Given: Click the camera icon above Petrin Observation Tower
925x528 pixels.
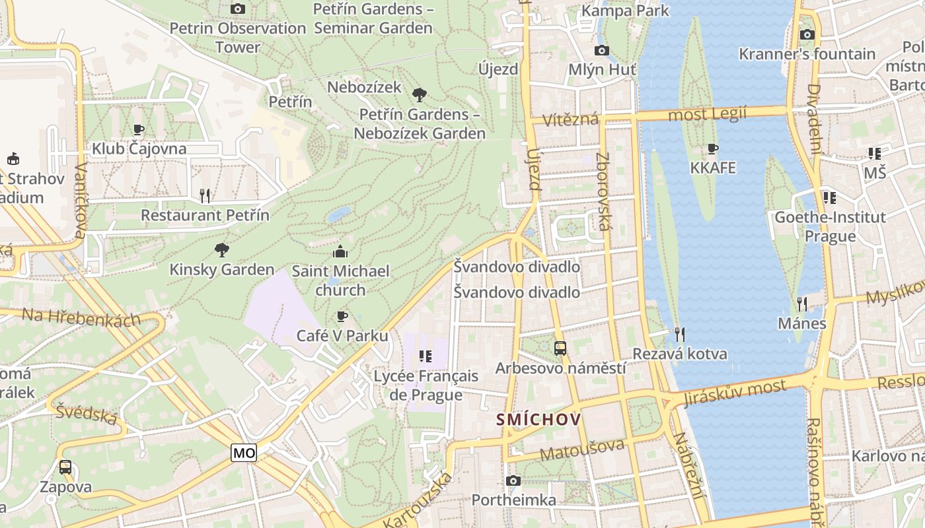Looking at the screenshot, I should pyautogui.click(x=238, y=9).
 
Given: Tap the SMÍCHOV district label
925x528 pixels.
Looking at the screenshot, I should pyautogui.click(x=538, y=419).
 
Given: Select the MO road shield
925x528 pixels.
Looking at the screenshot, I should pyautogui.click(x=244, y=453).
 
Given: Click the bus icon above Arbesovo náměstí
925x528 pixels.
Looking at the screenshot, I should pyautogui.click(x=560, y=348).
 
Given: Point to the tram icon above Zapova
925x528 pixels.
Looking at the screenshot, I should pyautogui.click(x=65, y=467).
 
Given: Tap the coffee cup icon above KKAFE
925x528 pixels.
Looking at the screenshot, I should pyautogui.click(x=712, y=148).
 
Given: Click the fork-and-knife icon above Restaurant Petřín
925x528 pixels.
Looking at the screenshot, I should pyautogui.click(x=205, y=195).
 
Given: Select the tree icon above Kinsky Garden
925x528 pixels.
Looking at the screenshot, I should pyautogui.click(x=222, y=249).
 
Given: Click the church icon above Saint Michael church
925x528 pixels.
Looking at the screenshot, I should pyautogui.click(x=340, y=251).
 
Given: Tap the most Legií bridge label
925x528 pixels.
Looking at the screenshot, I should pyautogui.click(x=707, y=114).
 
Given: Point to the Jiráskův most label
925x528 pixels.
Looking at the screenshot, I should pyautogui.click(x=735, y=393).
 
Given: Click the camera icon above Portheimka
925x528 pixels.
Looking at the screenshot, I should pyautogui.click(x=513, y=480).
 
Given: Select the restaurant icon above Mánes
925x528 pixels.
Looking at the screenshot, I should pyautogui.click(x=802, y=304).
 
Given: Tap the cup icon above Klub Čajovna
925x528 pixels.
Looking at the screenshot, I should pyautogui.click(x=138, y=129).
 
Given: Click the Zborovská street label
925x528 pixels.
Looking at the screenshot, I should pyautogui.click(x=603, y=191).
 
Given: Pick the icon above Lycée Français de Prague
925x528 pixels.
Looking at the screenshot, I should pyautogui.click(x=425, y=356).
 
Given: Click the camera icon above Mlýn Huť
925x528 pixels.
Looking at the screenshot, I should pyautogui.click(x=601, y=50).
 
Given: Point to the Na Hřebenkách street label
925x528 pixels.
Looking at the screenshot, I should pyautogui.click(x=81, y=317).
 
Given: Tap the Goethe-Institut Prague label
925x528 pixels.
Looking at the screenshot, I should pyautogui.click(x=830, y=226).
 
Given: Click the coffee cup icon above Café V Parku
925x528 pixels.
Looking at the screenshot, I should pyautogui.click(x=342, y=316).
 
